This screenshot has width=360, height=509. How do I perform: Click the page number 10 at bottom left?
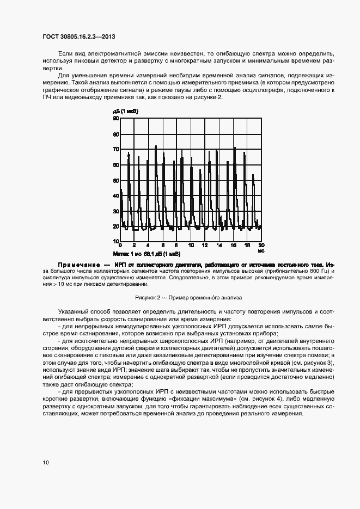(x=46, y=462)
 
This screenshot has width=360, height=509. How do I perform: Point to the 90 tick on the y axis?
(x=116, y=118)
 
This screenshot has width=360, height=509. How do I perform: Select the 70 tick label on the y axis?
(x=116, y=149)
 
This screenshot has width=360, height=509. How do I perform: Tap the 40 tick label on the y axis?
(x=116, y=195)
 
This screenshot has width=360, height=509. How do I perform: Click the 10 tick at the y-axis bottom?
(x=116, y=241)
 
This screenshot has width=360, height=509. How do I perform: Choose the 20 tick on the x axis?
(x=261, y=246)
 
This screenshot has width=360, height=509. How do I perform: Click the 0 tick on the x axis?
(x=120, y=246)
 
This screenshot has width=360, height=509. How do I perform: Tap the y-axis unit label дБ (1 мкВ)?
(x=126, y=111)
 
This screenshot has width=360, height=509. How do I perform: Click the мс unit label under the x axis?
(x=261, y=251)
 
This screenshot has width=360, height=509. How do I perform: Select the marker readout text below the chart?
(x=147, y=254)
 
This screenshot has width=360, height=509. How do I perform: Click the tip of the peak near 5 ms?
(x=156, y=146)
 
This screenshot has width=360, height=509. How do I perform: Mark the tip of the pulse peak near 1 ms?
(x=129, y=154)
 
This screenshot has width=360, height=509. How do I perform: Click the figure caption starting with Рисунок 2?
(x=188, y=298)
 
